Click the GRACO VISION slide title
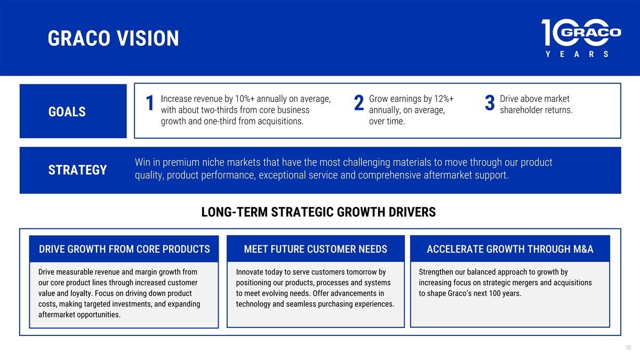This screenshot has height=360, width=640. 113,38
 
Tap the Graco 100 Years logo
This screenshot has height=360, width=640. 581,38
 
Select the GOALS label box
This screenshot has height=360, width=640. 73,111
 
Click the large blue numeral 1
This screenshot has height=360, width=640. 150,103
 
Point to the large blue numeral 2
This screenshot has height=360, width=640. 359,103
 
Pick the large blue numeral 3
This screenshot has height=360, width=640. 490,103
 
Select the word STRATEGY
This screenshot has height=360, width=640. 77,170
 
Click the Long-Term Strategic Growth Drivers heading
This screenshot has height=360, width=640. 318,212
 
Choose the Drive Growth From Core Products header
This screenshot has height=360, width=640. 124,249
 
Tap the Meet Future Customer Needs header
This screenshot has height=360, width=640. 316,249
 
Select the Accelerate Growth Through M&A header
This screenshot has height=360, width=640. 510,249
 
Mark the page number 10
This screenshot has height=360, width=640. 628,348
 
